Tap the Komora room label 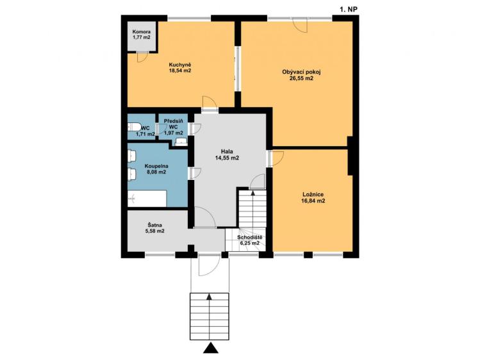click(142, 34)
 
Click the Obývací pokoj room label click(301, 75)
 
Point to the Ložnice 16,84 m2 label click(313, 197)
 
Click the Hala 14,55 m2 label click(226, 154)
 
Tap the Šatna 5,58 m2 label click(156, 227)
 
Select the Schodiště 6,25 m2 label click(249, 240)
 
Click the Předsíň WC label click(173, 126)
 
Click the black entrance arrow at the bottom click(210, 348)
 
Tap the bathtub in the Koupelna click(147, 199)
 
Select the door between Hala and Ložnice click(276, 158)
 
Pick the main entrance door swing click(208, 264)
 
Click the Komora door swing click(143, 56)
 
